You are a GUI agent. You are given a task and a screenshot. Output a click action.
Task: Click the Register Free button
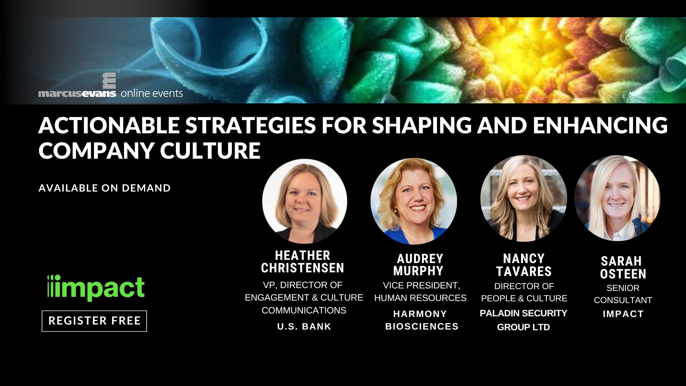point(94,321)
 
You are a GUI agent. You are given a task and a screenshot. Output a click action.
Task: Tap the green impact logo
point(96,288)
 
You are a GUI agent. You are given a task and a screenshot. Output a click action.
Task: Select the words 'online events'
point(152,93)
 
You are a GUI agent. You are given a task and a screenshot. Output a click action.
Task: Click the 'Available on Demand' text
point(105,188)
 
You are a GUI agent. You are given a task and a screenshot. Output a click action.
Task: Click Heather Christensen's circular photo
point(305,201)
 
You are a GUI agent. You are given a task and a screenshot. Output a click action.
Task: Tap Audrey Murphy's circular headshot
point(414,201)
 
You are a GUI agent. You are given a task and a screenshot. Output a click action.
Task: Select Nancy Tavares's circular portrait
point(524,198)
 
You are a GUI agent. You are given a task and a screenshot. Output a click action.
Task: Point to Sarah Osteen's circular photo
point(617,198)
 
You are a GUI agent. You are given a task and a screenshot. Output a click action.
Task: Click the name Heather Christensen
point(303,262)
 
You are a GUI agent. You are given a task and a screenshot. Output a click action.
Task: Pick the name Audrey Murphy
point(419,264)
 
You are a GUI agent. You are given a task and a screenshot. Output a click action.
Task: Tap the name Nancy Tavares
point(524,265)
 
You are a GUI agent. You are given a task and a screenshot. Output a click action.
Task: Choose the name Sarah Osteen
point(623,267)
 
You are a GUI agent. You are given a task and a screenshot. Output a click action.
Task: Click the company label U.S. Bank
point(304,326)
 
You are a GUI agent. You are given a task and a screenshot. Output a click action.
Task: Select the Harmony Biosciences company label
point(422,320)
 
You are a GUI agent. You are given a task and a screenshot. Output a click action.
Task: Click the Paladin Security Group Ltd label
point(523,320)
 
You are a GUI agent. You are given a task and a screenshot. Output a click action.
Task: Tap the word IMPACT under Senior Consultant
point(623,314)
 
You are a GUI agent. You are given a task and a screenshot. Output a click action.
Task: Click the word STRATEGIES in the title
point(250,125)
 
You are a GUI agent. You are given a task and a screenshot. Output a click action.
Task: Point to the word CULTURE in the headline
point(210,150)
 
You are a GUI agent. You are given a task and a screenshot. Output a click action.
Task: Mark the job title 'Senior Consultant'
point(623,294)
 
